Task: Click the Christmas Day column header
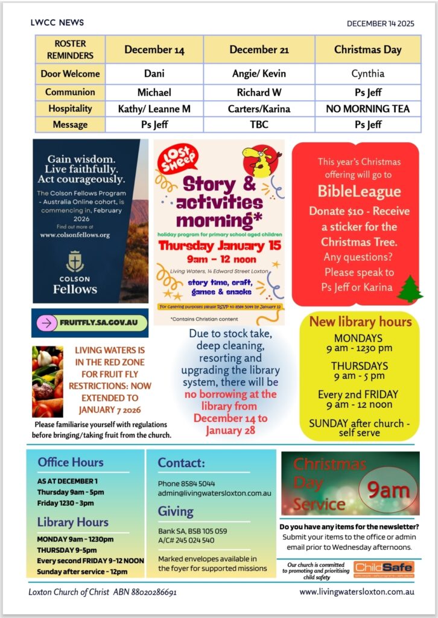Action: coord(367,49)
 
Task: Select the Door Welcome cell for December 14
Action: coord(154,74)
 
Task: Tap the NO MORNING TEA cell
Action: coord(367,109)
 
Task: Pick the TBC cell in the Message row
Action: coord(259,125)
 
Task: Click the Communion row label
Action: coord(70,92)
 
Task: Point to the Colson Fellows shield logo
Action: coord(74,261)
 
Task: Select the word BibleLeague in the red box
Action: coord(359,192)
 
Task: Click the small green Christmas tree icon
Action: coord(410,289)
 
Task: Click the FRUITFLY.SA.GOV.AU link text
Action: coord(98,323)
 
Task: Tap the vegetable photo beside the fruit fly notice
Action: coord(48,381)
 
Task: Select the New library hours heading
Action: coord(360,322)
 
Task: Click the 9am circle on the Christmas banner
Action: coord(388,490)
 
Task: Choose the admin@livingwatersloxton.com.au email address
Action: coord(214,493)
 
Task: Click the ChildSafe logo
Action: coord(383,568)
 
